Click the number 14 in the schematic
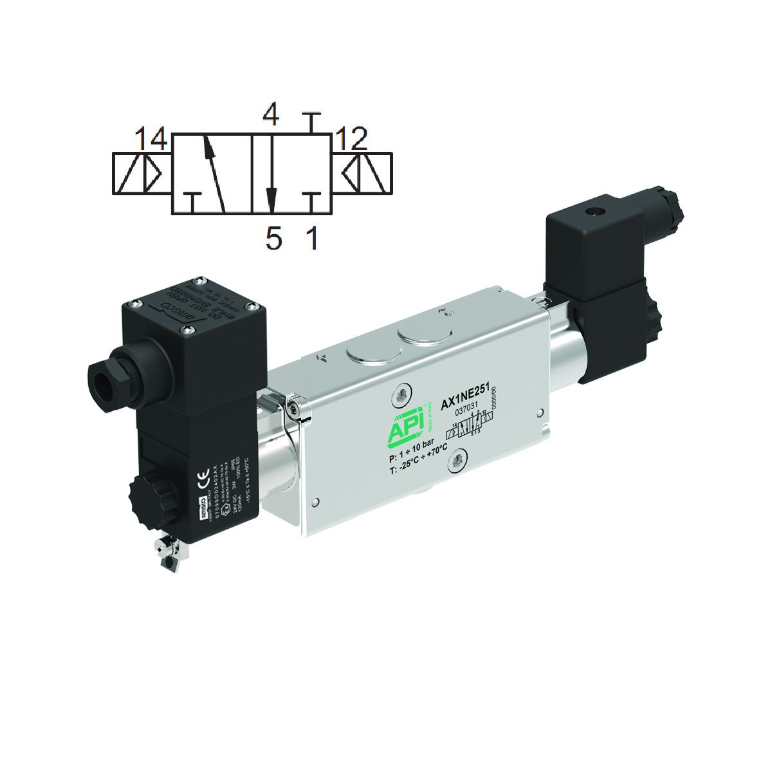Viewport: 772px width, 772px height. click(151, 138)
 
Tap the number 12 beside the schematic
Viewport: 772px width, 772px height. click(351, 138)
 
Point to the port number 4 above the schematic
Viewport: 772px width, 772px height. click(271, 115)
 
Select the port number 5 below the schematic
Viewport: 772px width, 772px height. click(273, 239)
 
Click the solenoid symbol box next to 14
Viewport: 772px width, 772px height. click(142, 174)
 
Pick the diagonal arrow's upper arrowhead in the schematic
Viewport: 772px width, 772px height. click(208, 147)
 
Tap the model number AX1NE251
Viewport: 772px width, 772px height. click(465, 396)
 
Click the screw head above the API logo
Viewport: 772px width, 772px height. click(403, 393)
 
